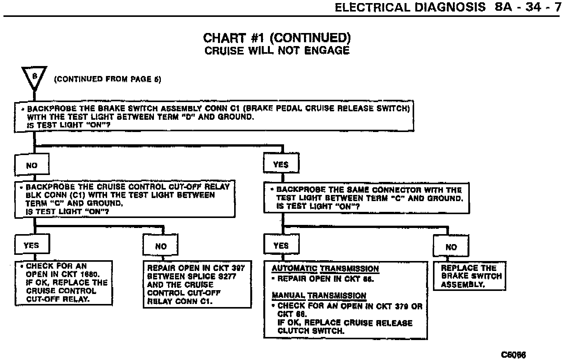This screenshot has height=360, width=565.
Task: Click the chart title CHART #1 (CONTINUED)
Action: coord(277,38)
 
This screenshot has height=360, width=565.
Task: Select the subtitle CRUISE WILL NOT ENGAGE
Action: coord(277,51)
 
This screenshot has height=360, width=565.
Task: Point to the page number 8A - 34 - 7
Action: coord(528,8)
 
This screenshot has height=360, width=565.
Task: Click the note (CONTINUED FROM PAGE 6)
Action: coord(107,79)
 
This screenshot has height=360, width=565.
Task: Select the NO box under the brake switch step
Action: coord(32,165)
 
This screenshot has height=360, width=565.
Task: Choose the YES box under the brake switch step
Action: coord(281,165)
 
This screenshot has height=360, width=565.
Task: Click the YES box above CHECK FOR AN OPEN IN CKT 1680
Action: coord(32,245)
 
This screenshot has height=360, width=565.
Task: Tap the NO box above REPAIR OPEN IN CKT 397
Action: coord(160,246)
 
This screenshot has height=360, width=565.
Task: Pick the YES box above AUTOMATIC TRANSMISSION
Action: coord(281,245)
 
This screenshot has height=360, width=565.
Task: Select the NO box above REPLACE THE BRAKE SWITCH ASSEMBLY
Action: coord(451,247)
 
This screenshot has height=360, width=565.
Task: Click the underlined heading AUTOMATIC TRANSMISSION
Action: coord(325,269)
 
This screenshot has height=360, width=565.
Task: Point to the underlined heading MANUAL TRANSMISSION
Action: coord(319,296)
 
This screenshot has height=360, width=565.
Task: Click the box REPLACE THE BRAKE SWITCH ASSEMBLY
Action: coord(469,276)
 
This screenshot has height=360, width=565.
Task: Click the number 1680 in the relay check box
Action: coord(90,274)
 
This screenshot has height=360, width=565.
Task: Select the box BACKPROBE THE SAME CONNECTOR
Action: coord(366,198)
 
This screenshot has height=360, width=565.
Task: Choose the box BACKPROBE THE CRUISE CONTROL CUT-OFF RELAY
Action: coord(125,199)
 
